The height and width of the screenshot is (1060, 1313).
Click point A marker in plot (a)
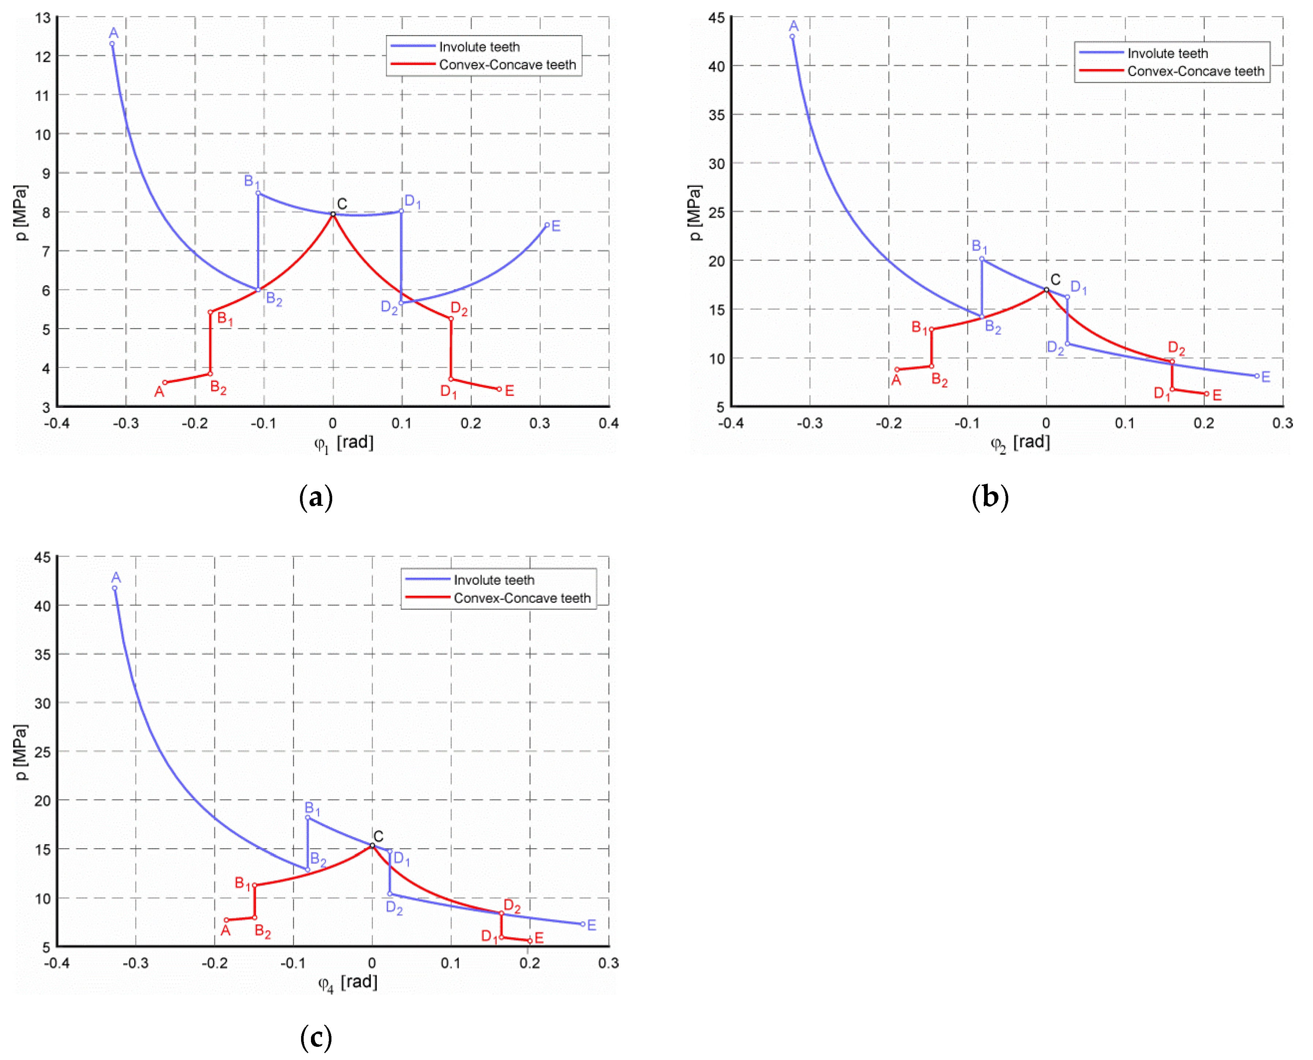[x=112, y=44]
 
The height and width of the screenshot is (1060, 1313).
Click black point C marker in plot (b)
[x=1046, y=290]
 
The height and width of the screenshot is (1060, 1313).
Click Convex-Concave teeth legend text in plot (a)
[x=507, y=65]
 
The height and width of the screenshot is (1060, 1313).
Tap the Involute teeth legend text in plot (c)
[x=494, y=580]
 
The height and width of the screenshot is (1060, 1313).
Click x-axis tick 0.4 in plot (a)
[x=608, y=423]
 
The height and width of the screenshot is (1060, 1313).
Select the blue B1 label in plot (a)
[x=252, y=181]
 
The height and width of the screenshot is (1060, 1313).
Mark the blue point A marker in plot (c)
[x=115, y=588]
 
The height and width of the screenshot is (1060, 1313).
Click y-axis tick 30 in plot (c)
[x=43, y=703]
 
